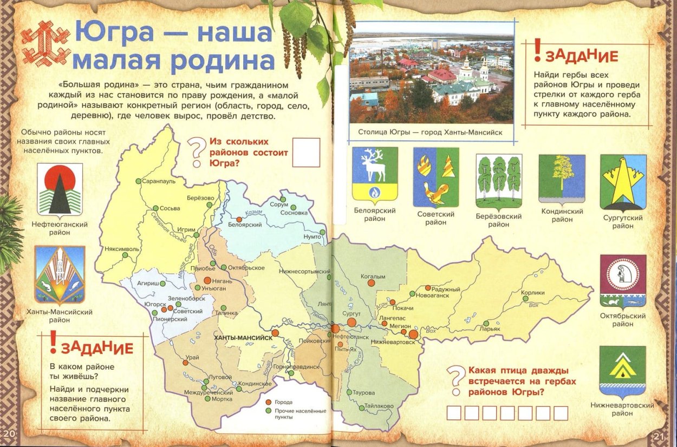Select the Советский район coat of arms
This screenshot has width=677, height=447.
(436, 178)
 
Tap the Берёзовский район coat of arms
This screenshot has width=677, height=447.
(499, 181)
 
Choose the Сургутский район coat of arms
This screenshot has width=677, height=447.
(623, 182)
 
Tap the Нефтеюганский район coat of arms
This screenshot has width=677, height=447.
(59, 189)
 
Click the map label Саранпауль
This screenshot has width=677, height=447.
(159, 182)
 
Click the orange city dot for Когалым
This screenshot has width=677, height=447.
(371, 282)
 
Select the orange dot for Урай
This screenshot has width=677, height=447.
(185, 363)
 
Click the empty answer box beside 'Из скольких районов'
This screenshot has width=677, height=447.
(306, 152)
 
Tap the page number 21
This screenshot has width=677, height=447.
(659, 436)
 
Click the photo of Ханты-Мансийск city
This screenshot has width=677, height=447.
(431, 72)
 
